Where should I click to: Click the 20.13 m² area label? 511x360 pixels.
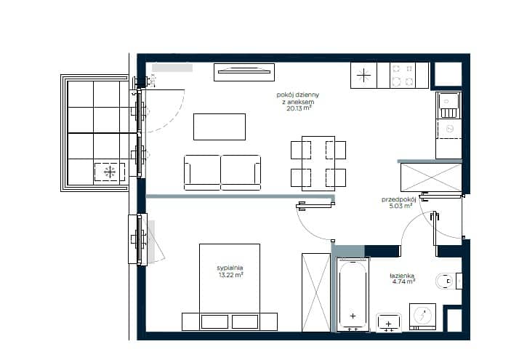(299, 108)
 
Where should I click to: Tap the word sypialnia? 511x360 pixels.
(230, 268)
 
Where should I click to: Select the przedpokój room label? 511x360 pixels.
(399, 199)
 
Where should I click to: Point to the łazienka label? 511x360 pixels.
(402, 276)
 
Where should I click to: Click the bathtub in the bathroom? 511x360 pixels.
(353, 295)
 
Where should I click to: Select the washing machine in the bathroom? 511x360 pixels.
(422, 316)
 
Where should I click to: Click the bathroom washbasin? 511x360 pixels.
(388, 323)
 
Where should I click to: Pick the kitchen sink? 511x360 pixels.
(448, 105)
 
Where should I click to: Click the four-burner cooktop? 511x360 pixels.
(403, 76)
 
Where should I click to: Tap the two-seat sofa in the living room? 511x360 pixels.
(222, 172)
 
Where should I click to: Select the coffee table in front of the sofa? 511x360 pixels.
(220, 127)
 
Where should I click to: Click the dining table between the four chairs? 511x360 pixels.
(318, 164)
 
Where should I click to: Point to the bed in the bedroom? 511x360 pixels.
(230, 287)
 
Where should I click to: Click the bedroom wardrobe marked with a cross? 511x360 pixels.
(316, 292)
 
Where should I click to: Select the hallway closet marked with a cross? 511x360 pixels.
(431, 177)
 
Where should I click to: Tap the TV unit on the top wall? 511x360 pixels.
(244, 72)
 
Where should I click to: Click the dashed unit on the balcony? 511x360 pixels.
(110, 172)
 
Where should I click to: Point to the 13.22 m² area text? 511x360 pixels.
(230, 275)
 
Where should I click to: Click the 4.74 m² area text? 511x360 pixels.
(403, 281)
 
